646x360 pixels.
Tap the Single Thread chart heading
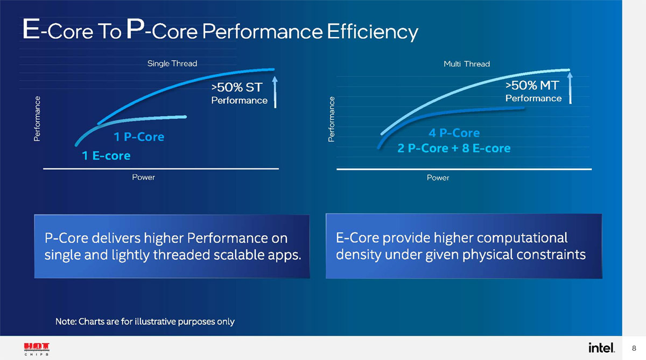[172, 63]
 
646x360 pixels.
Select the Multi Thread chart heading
[466, 64]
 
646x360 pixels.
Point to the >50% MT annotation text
[532, 85]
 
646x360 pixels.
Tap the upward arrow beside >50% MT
[570, 89]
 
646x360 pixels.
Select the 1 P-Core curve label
[139, 137]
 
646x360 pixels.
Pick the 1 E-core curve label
[106, 156]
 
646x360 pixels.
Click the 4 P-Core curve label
[454, 132]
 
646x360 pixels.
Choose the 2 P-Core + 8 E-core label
[454, 148]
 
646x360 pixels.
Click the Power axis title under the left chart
[143, 178]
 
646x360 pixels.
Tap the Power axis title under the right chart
[438, 178]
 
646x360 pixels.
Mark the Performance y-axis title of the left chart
[37, 119]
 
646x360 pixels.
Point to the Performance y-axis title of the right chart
[332, 119]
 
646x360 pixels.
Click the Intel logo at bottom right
[601, 348]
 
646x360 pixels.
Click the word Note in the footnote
[66, 322]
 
